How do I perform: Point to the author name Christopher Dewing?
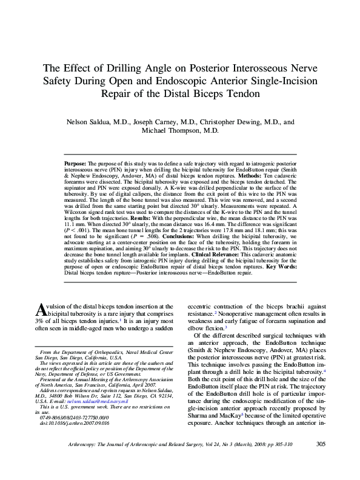(x=233, y=121)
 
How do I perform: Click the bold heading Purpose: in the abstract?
(x=75, y=164)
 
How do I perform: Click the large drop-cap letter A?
(x=43, y=311)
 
